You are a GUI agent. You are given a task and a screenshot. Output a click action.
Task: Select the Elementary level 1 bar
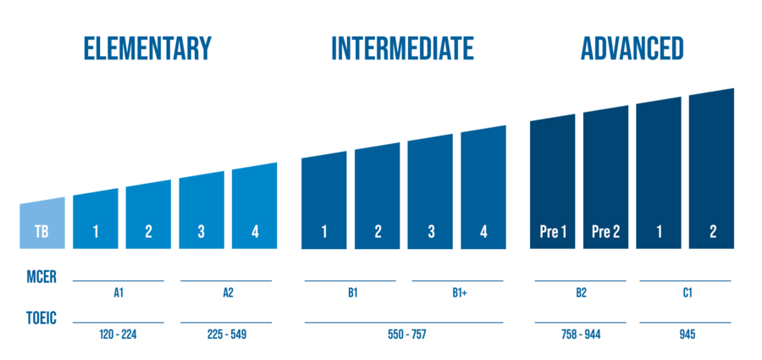click(95, 220)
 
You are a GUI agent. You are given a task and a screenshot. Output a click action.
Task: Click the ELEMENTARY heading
click(146, 49)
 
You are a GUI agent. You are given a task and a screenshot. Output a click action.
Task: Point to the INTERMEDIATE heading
click(402, 49)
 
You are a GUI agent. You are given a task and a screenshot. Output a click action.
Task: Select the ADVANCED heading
click(632, 49)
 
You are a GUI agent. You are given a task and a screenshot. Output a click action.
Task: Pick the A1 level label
click(119, 293)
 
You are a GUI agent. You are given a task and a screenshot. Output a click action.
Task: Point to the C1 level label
click(686, 293)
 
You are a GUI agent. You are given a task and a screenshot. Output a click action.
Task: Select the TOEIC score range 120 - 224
click(119, 335)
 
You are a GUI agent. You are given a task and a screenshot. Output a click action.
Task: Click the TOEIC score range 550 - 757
click(406, 335)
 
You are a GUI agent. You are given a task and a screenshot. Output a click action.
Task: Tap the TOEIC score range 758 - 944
click(581, 335)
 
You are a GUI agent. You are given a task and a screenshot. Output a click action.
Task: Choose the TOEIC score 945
click(686, 335)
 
